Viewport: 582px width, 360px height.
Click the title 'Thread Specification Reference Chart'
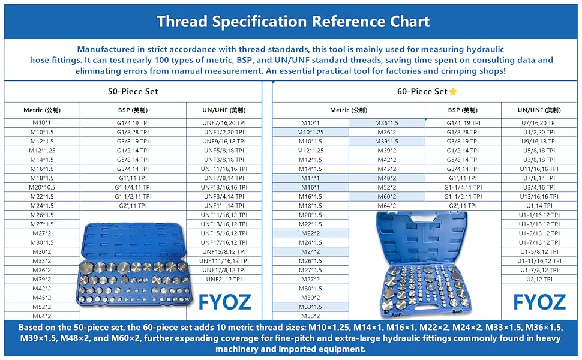pos(293,22)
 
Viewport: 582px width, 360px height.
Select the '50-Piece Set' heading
pos(133,91)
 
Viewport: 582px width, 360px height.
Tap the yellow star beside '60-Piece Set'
pos(453,91)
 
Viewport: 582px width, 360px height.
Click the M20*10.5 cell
pos(42,187)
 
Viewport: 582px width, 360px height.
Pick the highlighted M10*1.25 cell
pos(310,132)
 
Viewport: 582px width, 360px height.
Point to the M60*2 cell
pos(387,197)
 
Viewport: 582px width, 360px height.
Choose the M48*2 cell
pos(387,178)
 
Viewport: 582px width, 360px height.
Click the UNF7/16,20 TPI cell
pos(224,123)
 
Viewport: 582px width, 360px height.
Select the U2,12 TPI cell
pos(539,280)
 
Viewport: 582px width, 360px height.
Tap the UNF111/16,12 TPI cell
pos(224,261)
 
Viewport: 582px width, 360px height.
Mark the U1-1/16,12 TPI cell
pos(539,215)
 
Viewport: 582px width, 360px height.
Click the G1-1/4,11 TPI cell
pos(463,187)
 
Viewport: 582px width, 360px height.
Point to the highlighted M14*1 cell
pos(310,178)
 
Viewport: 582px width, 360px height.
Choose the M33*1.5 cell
pos(310,307)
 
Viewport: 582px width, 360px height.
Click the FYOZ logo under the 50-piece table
pos(225,302)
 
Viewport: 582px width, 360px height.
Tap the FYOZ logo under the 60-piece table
pos(539,302)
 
